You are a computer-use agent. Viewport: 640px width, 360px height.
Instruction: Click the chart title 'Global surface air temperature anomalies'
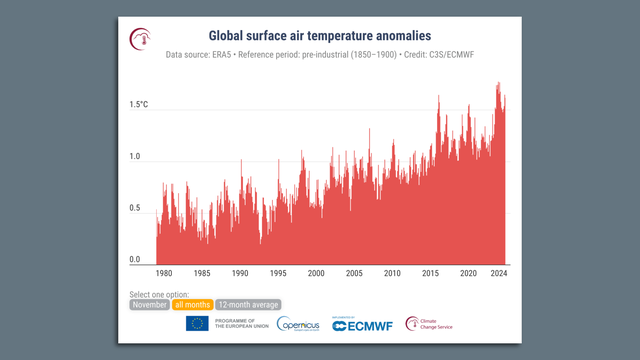pos(320,35)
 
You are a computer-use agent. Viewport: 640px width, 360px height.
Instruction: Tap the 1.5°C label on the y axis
pos(140,104)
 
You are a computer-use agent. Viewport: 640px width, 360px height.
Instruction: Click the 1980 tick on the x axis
pos(164,273)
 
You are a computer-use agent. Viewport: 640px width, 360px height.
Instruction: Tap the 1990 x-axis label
pos(240,273)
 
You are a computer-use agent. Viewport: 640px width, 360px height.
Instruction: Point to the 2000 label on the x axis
pos(316,273)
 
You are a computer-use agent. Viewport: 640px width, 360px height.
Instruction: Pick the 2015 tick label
pos(430,273)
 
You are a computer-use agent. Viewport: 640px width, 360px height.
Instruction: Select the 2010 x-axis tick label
pos(392,273)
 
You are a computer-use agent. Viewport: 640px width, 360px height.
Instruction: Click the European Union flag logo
pos(197,324)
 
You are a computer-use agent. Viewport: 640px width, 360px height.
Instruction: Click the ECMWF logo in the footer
pos(361,324)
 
